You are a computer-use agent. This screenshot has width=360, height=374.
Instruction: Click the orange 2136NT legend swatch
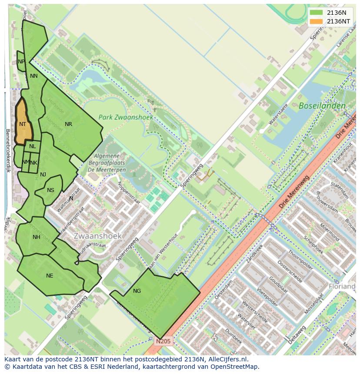(317, 21)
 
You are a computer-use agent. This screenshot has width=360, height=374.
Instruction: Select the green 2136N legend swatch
(317, 13)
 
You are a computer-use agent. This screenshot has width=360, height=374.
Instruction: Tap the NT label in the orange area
(23, 124)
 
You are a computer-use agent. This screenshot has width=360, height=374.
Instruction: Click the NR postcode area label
(68, 124)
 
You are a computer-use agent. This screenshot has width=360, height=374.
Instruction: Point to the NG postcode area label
(137, 291)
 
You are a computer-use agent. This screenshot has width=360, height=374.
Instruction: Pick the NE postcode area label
(50, 276)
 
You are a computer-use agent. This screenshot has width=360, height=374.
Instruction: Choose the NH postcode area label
(36, 237)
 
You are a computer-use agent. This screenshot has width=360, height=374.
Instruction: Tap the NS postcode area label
(50, 190)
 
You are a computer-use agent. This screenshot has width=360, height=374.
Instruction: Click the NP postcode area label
(21, 62)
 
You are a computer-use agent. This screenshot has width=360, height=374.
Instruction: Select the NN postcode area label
(33, 76)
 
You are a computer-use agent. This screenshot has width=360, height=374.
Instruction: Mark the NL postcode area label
(33, 146)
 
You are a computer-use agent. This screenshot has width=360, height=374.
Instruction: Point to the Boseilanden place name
(322, 106)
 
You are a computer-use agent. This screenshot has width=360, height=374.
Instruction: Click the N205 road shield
(164, 341)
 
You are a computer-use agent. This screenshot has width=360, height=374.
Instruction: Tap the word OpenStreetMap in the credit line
(237, 367)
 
